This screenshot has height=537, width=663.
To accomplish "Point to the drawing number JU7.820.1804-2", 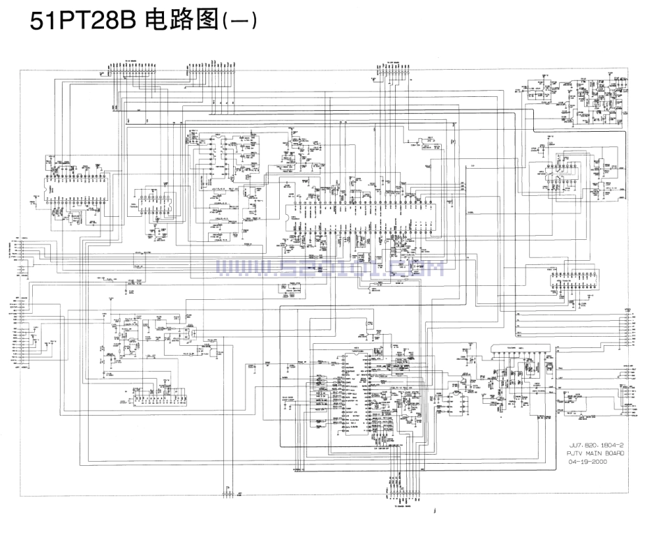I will click(x=596, y=444).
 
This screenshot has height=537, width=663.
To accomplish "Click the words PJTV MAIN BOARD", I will click(x=596, y=453).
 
